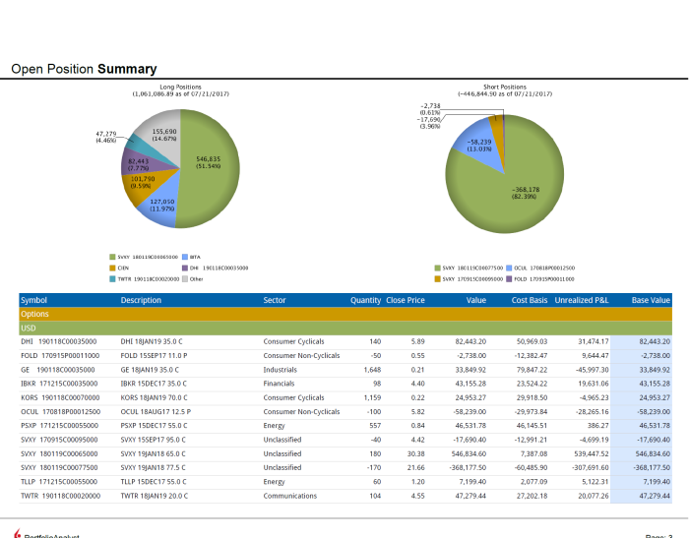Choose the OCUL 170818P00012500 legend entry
tap(538, 267)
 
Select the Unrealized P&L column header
tap(582, 299)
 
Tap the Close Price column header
tap(406, 299)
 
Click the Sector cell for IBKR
tap(282, 383)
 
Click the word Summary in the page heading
tap(127, 69)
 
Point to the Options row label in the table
tap(34, 314)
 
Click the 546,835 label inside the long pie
tap(208, 160)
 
